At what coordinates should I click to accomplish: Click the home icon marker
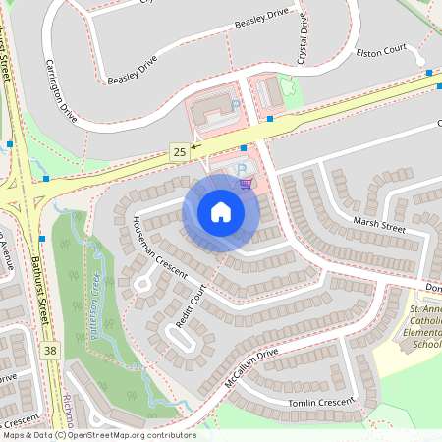click(x=221, y=212)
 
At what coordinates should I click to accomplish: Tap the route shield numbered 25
click(x=178, y=151)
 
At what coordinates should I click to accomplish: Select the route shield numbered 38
click(x=51, y=349)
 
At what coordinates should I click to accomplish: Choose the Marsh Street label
click(x=380, y=227)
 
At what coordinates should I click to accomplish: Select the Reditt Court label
click(x=193, y=307)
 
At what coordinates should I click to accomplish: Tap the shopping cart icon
click(x=246, y=181)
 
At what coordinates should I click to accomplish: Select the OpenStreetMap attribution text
click(x=98, y=435)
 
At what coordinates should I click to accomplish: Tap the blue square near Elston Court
click(x=429, y=72)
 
